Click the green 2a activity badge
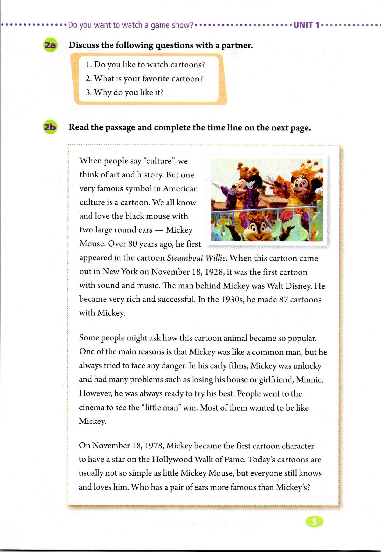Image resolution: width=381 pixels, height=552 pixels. pos(50,45)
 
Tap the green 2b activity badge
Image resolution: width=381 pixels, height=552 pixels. pos(50,127)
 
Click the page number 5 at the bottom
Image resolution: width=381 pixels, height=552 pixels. pos(314,522)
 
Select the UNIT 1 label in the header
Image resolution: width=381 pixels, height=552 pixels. pos(306,25)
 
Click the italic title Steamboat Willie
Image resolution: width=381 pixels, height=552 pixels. pos(197,258)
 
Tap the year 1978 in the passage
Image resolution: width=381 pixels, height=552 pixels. pos(154,446)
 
